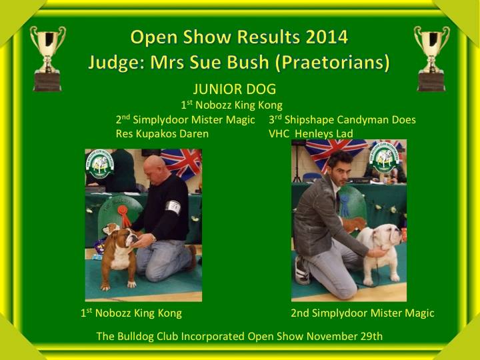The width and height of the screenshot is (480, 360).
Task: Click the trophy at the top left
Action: [47, 59]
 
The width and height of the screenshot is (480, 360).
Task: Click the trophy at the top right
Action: [431, 59]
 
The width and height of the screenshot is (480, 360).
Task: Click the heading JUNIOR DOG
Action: [235, 89]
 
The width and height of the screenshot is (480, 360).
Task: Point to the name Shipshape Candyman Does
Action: [350, 120]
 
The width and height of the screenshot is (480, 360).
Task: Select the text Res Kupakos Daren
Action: [162, 134]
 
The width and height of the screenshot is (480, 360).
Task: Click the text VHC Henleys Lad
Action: [311, 134]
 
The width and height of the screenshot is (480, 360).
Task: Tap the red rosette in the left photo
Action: [124, 215]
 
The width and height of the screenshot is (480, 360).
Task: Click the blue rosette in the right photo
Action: [345, 205]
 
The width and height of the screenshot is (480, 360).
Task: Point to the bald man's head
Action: [156, 169]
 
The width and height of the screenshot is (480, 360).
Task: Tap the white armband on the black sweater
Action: [173, 207]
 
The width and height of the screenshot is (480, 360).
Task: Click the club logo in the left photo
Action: [99, 163]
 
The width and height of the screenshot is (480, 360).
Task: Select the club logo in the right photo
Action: [385, 157]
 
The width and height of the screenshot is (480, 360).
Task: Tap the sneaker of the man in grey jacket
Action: [302, 271]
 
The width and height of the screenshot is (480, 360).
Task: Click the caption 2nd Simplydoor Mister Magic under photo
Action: [363, 313]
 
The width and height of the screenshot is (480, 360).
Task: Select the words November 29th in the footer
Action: [345, 336]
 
